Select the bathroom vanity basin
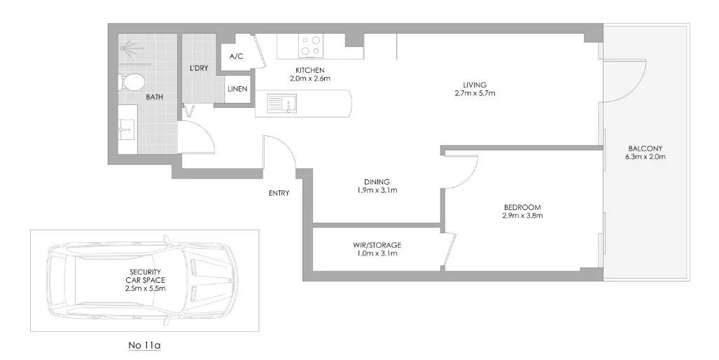click(127, 127)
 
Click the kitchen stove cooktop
click(311, 46)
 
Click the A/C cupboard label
click(236, 57)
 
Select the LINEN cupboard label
click(237, 90)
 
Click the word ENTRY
click(279, 193)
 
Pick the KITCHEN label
click(309, 70)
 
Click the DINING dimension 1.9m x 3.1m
click(377, 190)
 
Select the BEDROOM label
click(522, 207)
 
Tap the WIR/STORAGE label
click(377, 244)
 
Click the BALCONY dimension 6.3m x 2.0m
click(645, 157)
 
